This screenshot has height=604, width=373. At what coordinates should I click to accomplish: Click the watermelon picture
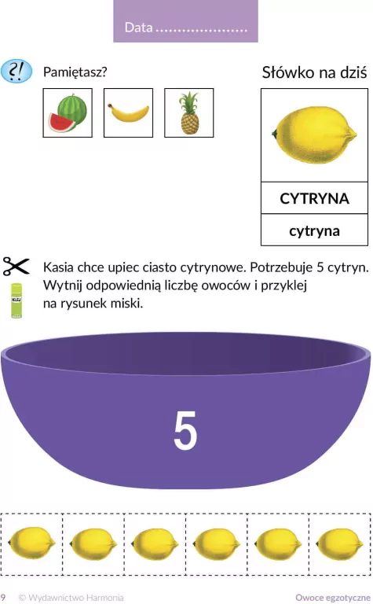[x=68, y=113]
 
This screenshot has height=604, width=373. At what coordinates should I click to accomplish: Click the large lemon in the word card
[x=315, y=134]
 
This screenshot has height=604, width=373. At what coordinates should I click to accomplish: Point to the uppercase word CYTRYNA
[x=315, y=198]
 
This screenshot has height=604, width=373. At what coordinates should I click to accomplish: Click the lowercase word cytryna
[x=315, y=231]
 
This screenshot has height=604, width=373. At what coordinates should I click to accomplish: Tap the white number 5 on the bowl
[x=185, y=430]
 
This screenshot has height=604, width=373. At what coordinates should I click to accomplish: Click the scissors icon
[x=16, y=266]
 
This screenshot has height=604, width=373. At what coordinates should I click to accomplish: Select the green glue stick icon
[x=16, y=301]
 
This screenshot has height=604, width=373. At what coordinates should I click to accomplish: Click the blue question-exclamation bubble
[x=16, y=72]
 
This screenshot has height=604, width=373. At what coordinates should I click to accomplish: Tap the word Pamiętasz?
[x=75, y=72]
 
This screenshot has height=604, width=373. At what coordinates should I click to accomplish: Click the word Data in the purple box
[x=138, y=28]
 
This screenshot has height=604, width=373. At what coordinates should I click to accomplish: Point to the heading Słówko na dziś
[x=315, y=72]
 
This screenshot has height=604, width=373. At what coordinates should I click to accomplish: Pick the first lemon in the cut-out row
[x=31, y=543]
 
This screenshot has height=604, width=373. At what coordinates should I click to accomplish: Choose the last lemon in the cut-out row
[x=339, y=544]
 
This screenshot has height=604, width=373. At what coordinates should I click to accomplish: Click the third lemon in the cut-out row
[x=155, y=544]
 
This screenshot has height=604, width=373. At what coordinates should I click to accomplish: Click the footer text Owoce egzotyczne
[x=333, y=598]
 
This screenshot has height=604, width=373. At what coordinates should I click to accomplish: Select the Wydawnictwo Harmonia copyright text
[x=71, y=598]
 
